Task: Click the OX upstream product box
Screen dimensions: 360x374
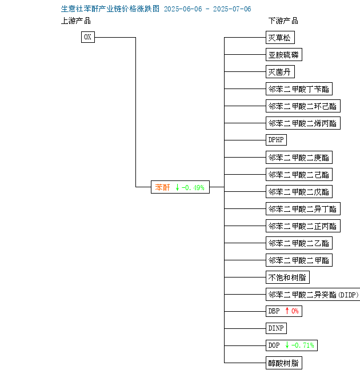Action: coord(88,37)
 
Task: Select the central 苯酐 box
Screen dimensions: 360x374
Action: coord(180,187)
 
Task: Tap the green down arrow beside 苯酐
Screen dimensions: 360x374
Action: coord(177,187)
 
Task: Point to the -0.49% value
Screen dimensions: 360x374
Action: coord(193,187)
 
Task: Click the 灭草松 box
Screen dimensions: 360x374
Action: coord(280,38)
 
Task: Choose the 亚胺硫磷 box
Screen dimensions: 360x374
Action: coord(284,55)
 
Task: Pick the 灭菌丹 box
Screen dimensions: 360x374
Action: coord(280,71)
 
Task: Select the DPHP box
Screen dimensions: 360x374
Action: coord(276,140)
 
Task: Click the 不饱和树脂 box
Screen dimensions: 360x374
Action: coord(287,277)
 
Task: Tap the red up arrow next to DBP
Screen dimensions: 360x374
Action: coord(287,311)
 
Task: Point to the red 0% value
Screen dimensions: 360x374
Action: coord(295,311)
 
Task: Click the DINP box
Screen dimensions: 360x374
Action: coord(276,328)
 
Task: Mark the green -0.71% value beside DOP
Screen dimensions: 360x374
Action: coord(302,345)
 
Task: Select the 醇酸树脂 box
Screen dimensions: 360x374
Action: coord(284,363)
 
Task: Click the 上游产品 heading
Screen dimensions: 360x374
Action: coord(76,21)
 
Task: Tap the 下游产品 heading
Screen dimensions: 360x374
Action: coord(283,21)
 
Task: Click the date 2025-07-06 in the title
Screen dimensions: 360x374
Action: coord(232,9)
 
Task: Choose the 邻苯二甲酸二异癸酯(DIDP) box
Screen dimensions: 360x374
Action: coord(313,294)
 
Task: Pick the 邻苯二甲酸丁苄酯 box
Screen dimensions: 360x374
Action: coord(299,89)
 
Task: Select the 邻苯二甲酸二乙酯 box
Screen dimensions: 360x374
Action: coord(299,243)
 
